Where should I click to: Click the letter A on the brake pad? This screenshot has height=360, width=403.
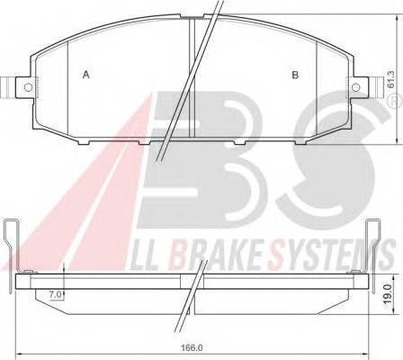tap(85, 75)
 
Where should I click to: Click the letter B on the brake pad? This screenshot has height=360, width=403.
tap(294, 75)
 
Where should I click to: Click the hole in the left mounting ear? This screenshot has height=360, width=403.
tap(27, 86)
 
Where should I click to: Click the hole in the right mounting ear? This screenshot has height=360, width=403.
tap(354, 86)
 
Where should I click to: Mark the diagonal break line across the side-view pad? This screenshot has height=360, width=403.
tap(192, 297)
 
